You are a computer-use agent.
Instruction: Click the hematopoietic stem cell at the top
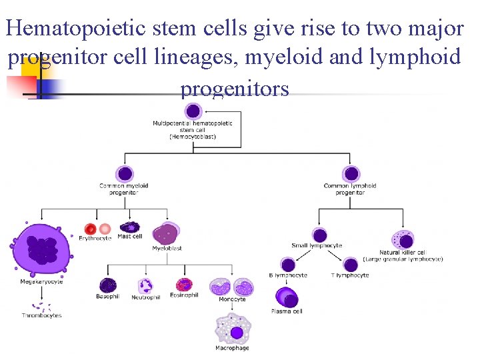(193, 111)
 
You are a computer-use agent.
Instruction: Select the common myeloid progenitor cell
(123, 174)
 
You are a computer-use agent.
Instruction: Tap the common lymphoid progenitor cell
(351, 174)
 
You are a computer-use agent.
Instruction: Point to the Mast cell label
(129, 237)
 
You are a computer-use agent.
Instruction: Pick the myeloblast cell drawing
(165, 233)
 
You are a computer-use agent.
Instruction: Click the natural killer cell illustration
(403, 239)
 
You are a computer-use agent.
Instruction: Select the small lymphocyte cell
(320, 235)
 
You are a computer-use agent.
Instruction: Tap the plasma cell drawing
(287, 297)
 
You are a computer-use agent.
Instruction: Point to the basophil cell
(108, 285)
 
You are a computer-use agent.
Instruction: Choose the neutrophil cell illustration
(146, 285)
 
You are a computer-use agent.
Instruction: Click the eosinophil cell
(184, 285)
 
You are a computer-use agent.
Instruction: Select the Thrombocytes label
(41, 315)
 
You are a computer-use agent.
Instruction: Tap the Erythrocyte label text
(95, 238)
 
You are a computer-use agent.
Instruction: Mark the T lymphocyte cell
(351, 265)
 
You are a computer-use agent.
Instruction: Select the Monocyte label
(232, 299)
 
